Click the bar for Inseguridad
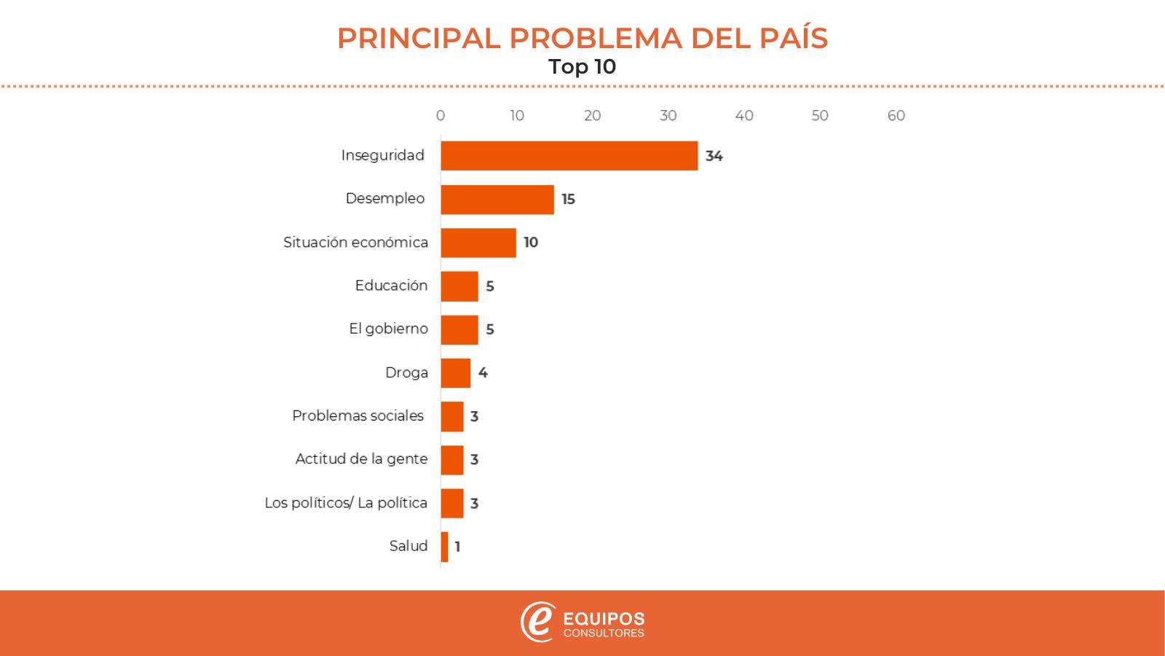coord(569,156)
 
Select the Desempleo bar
coord(497,199)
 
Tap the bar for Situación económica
coord(478,243)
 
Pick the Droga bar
coord(455,373)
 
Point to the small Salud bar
coord(444,547)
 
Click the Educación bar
coord(459,286)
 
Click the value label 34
coord(714,156)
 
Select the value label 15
coord(568,199)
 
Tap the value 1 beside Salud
coord(457,547)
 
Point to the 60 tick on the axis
coord(896,116)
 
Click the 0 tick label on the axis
coord(441,116)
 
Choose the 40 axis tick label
coord(744,116)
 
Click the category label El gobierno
coord(388,329)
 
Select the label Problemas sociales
coord(358,415)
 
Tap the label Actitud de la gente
coord(361,459)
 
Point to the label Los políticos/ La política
coord(346,503)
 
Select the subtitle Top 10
coord(582,67)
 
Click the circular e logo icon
coord(537,622)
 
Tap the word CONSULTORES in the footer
coord(604,633)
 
